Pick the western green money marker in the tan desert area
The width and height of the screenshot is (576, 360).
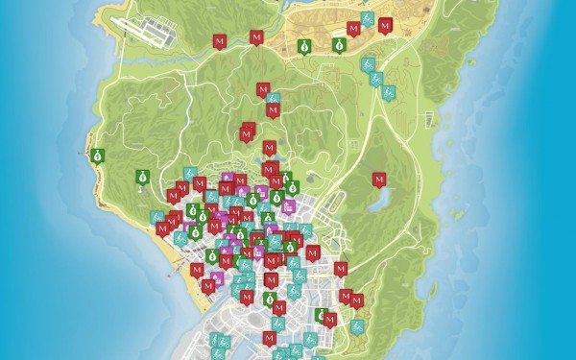(303, 45)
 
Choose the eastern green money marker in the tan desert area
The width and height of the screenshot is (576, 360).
(339, 44)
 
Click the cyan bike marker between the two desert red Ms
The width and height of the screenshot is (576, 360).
(368, 20)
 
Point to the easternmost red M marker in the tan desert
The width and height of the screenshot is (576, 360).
(385, 26)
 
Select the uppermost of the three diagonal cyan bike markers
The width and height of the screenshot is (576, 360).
(366, 65)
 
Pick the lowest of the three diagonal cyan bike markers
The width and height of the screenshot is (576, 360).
(389, 92)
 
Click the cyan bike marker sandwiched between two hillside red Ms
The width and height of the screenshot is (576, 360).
(273, 98)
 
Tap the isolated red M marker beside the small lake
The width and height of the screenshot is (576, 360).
(378, 179)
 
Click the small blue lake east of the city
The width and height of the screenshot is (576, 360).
(376, 201)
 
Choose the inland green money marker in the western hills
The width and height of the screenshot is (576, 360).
(141, 176)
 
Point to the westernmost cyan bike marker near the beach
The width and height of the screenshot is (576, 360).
(156, 218)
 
